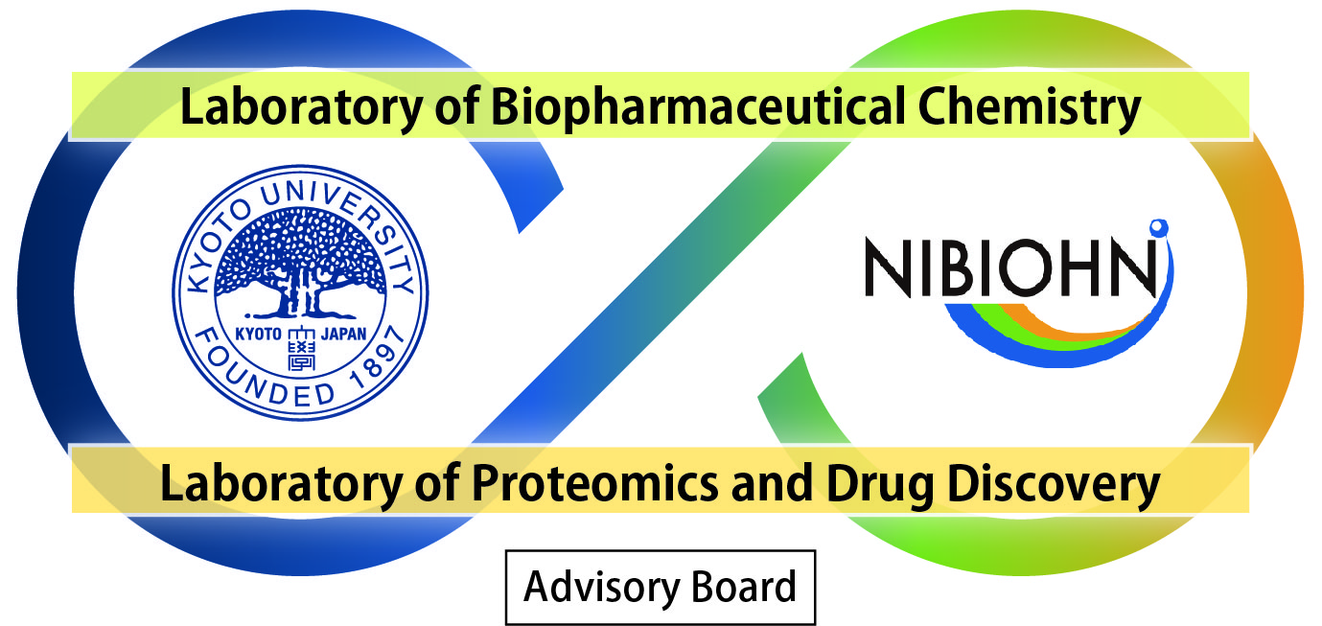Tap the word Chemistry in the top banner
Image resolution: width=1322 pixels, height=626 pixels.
(x=1030, y=108)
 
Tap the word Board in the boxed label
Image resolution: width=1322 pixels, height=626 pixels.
(x=744, y=587)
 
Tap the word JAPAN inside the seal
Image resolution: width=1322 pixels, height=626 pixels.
(x=343, y=334)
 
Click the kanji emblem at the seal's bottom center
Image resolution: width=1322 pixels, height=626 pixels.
(x=302, y=349)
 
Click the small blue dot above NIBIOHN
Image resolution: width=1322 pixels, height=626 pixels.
(x=1158, y=228)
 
